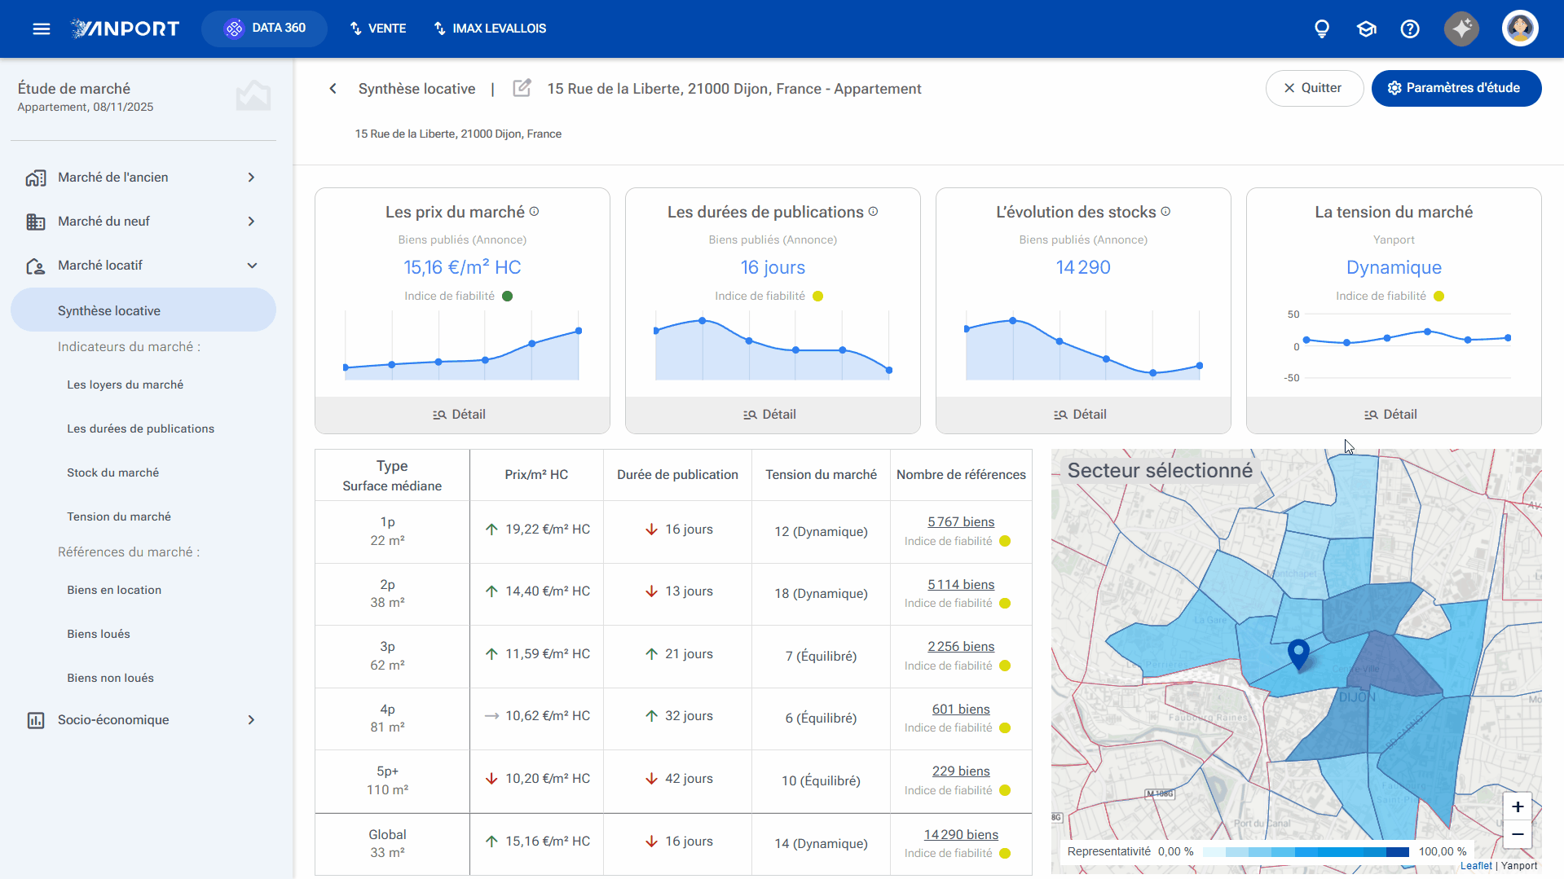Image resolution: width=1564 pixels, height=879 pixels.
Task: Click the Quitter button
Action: point(1314,88)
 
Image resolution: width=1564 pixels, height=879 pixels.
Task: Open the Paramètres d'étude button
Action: point(1456,88)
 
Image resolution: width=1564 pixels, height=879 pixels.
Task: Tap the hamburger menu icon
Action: point(42,29)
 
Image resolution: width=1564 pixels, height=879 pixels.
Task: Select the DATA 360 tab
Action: point(265,29)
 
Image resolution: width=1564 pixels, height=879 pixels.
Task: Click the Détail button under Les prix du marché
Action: point(462,415)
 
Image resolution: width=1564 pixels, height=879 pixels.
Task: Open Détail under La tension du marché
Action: point(1394,415)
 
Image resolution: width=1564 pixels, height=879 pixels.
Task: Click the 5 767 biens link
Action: point(961,522)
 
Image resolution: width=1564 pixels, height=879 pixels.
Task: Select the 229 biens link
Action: point(961,771)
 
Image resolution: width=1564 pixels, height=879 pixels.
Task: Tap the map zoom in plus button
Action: point(1518,806)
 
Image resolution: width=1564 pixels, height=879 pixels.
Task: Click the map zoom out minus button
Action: point(1518,834)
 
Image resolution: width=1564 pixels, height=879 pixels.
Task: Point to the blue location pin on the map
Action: point(1298,654)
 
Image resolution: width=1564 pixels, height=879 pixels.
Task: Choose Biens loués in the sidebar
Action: point(99,634)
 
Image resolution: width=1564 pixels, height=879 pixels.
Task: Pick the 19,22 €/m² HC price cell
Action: point(537,530)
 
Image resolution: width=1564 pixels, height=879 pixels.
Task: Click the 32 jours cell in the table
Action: point(679,716)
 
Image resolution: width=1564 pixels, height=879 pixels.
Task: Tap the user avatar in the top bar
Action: point(1520,29)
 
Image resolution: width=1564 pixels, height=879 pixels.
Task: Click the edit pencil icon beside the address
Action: point(522,88)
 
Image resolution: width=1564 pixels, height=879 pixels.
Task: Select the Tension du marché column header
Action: point(821,475)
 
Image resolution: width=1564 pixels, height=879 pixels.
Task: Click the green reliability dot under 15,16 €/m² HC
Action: point(508,297)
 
